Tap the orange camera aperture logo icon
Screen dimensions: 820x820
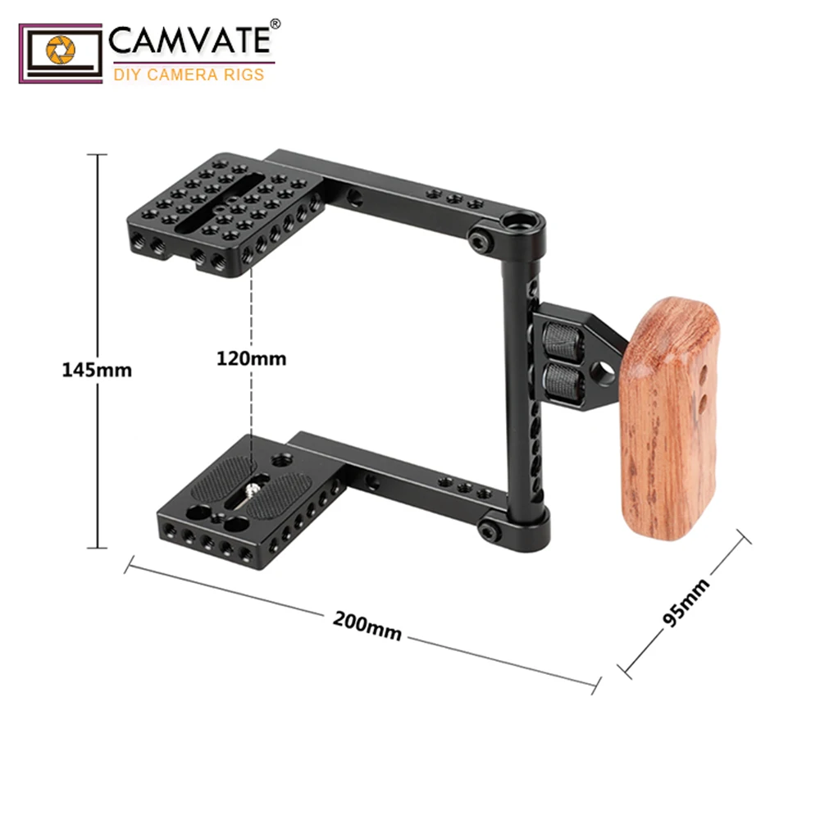point(61,51)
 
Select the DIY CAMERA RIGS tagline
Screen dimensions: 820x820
point(188,75)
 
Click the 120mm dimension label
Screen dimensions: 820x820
point(252,358)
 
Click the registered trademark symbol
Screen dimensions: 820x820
point(275,25)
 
